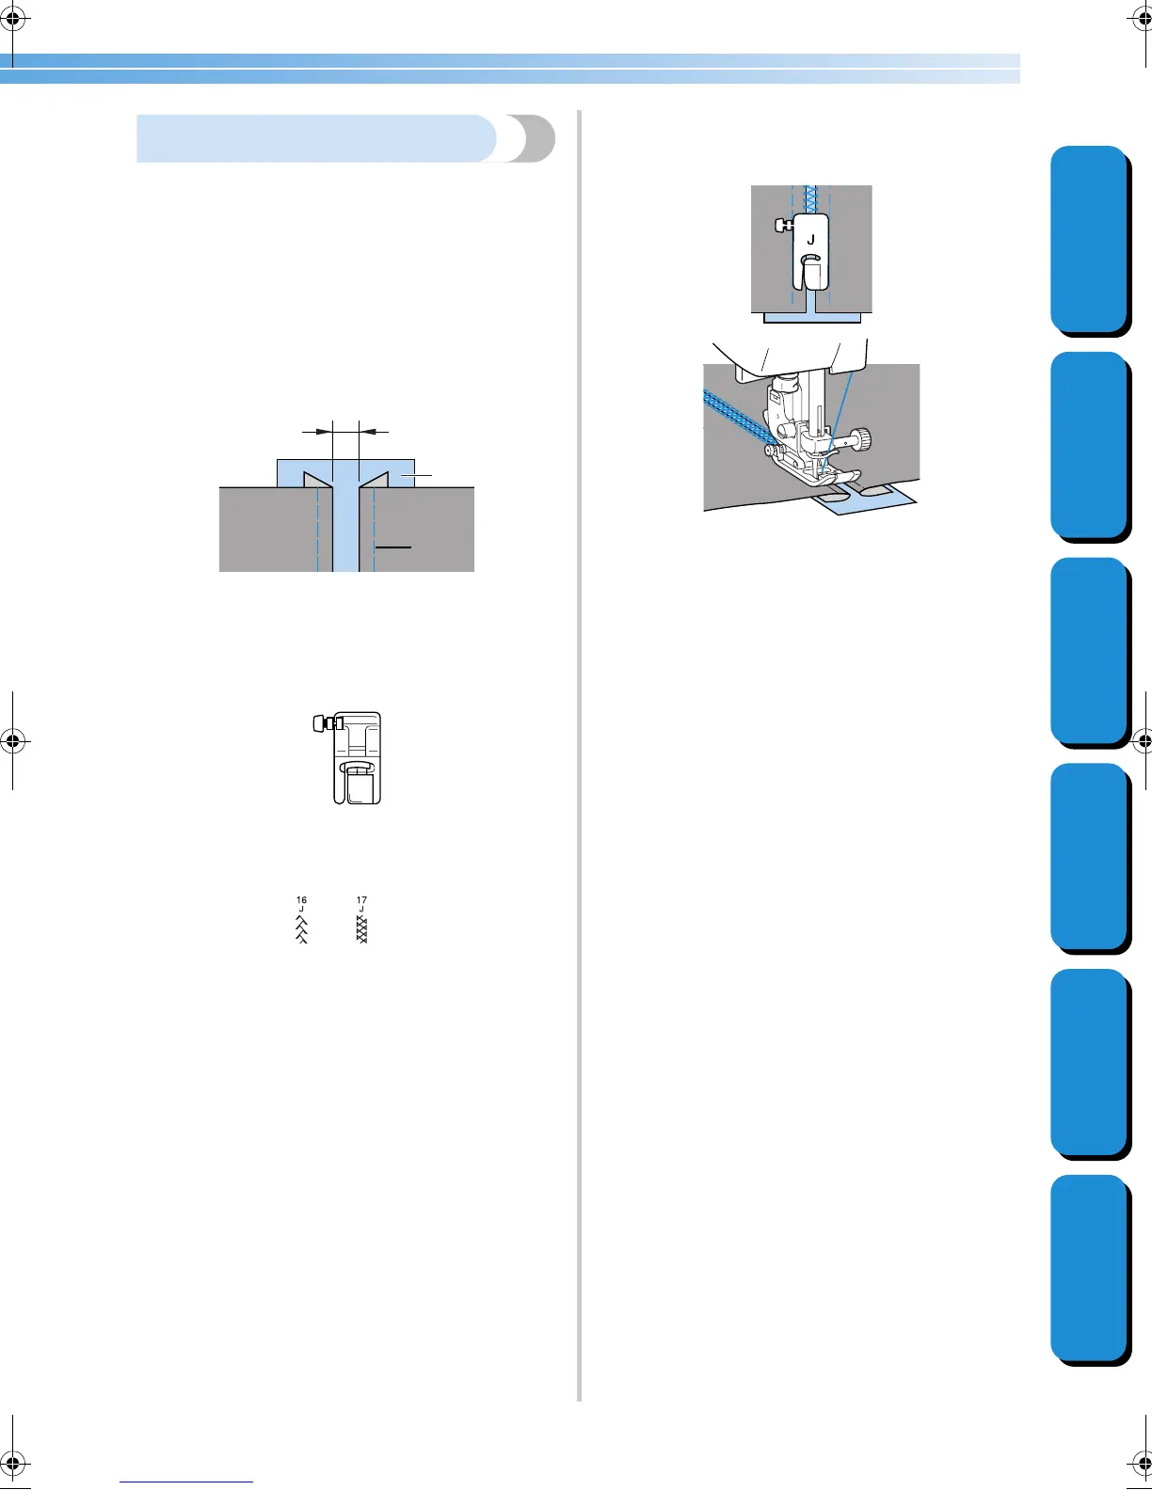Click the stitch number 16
(x=301, y=900)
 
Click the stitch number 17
(x=361, y=900)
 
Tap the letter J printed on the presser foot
(x=810, y=240)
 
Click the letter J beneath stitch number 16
(x=301, y=910)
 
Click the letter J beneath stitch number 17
(x=361, y=910)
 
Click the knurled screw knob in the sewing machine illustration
(x=861, y=437)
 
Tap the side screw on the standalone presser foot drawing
(x=319, y=722)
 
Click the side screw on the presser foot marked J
(x=781, y=225)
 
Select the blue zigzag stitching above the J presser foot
(x=810, y=198)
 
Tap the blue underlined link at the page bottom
(x=186, y=1482)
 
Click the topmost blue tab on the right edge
(x=1089, y=239)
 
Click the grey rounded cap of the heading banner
(x=532, y=139)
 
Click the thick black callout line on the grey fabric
(x=393, y=547)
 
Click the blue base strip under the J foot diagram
(x=811, y=319)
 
